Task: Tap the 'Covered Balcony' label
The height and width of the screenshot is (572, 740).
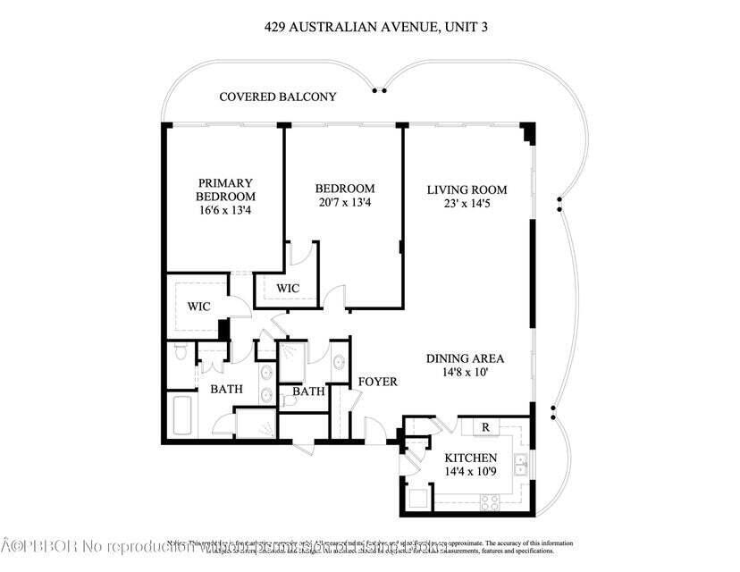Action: point(278,97)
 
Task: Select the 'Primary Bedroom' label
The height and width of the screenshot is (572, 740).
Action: point(226,189)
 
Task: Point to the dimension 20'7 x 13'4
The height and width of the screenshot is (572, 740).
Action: point(344,204)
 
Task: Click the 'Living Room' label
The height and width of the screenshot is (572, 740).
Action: point(467,189)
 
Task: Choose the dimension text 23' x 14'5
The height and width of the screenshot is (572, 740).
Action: point(467,205)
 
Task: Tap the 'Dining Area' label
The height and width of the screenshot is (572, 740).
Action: point(464,358)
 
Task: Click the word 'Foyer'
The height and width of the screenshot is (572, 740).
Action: point(377,382)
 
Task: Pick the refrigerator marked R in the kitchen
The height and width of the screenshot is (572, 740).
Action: point(485,427)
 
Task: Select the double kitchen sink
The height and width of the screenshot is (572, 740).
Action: point(520,465)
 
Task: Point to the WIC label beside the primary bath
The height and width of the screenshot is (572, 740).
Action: point(198,307)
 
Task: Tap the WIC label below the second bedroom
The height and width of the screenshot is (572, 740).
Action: point(287,289)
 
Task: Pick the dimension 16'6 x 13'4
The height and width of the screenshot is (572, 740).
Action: point(226,211)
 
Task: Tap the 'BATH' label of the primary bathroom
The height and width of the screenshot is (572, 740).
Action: point(227,390)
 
